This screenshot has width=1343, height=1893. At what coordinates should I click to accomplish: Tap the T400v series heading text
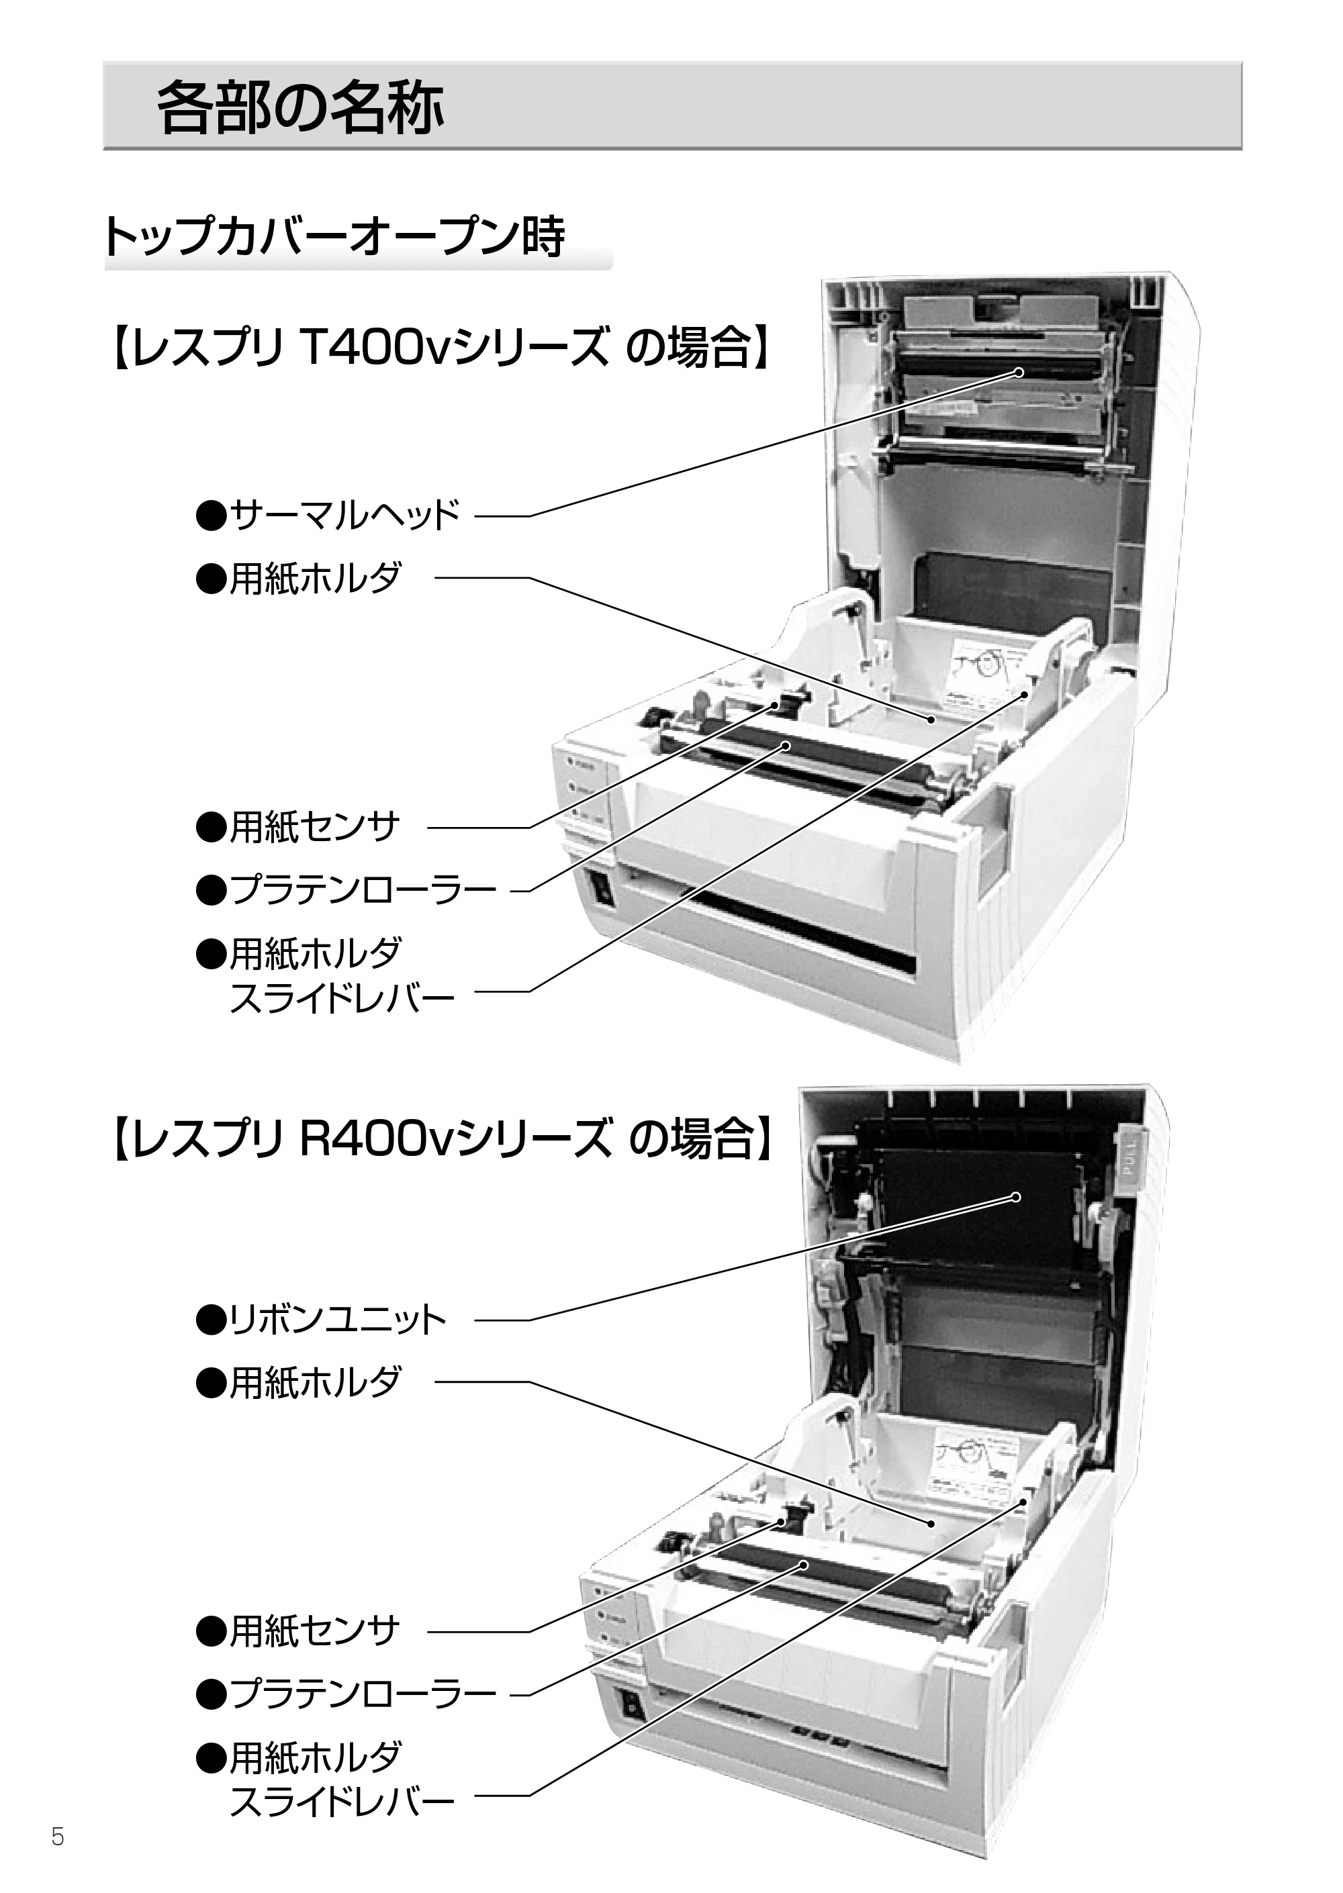coord(441,347)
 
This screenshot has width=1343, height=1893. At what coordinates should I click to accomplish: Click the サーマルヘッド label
coord(328,516)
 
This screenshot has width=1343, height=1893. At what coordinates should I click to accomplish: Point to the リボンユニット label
coord(321,1320)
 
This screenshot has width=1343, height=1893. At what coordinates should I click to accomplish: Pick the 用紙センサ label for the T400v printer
coord(297,826)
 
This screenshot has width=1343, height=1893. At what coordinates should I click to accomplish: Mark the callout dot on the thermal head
coord(1019,372)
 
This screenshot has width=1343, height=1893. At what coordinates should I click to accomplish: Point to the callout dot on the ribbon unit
coord(1017,1197)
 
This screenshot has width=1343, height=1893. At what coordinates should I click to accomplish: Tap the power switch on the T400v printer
coord(601,890)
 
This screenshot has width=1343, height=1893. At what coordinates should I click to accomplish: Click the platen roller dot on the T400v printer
coord(786,746)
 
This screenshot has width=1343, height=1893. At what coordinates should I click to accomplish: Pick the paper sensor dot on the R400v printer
coord(781,1522)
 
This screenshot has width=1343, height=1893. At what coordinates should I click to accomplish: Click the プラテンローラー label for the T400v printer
coord(346,890)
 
